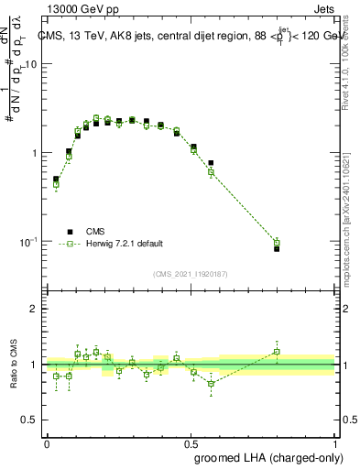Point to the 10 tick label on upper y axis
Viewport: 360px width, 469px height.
(x=31, y=65)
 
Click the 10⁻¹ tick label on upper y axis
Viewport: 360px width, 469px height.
(x=29, y=242)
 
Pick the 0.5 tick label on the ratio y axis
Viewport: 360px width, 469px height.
(x=31, y=421)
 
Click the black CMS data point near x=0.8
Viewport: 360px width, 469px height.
(x=277, y=248)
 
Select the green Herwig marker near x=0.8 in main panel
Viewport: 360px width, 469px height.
(x=277, y=243)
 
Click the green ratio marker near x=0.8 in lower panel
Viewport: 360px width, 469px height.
(x=277, y=352)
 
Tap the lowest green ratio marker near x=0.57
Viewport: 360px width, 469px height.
(x=211, y=384)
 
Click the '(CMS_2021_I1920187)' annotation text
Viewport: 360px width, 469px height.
(x=190, y=273)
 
